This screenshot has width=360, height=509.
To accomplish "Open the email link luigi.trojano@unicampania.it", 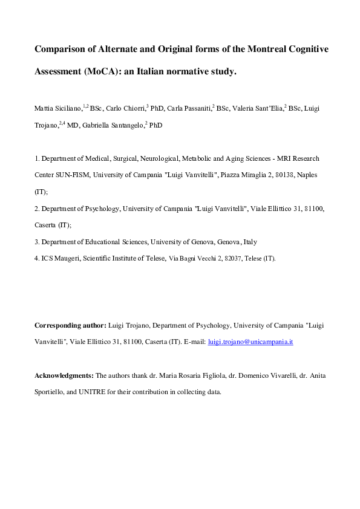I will click(250, 342).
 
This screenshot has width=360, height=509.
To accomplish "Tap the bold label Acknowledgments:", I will click(64, 375).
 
